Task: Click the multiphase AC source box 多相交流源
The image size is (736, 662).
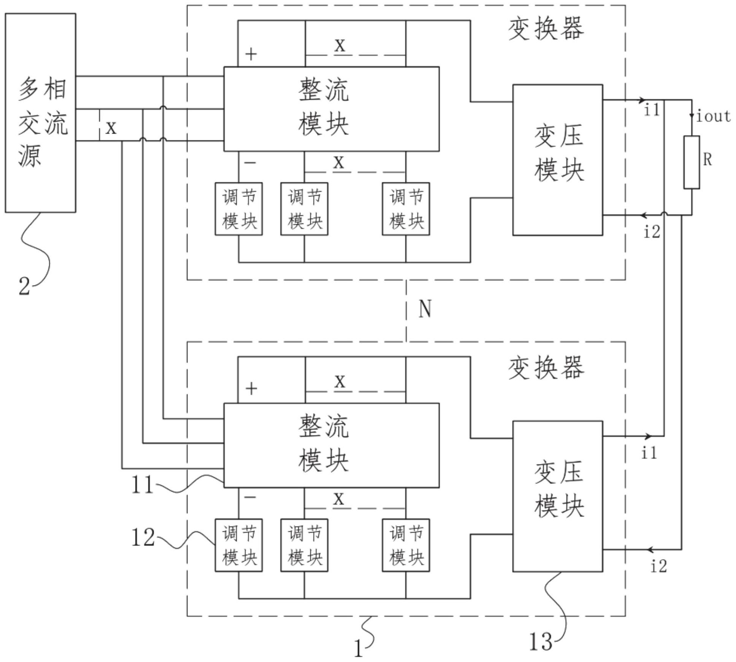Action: click(40, 113)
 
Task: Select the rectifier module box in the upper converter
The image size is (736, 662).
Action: click(331, 109)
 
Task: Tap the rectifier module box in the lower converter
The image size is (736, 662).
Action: click(331, 445)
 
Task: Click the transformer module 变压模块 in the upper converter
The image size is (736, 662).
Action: click(557, 160)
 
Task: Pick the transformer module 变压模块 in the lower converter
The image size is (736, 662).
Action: click(557, 496)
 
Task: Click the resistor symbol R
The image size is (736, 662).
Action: click(691, 162)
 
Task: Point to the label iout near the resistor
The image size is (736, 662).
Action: click(713, 116)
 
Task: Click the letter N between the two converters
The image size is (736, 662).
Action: click(425, 309)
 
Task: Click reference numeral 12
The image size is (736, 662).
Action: click(143, 538)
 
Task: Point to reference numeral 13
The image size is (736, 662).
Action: click(540, 642)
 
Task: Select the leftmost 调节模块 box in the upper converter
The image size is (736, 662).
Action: click(238, 209)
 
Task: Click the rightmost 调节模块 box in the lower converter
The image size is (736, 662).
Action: click(406, 545)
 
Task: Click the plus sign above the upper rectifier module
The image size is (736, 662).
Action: click(251, 54)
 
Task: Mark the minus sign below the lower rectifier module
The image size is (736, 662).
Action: click(250, 497)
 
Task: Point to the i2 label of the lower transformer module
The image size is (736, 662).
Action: click(658, 566)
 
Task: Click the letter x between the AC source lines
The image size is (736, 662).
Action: click(111, 128)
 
